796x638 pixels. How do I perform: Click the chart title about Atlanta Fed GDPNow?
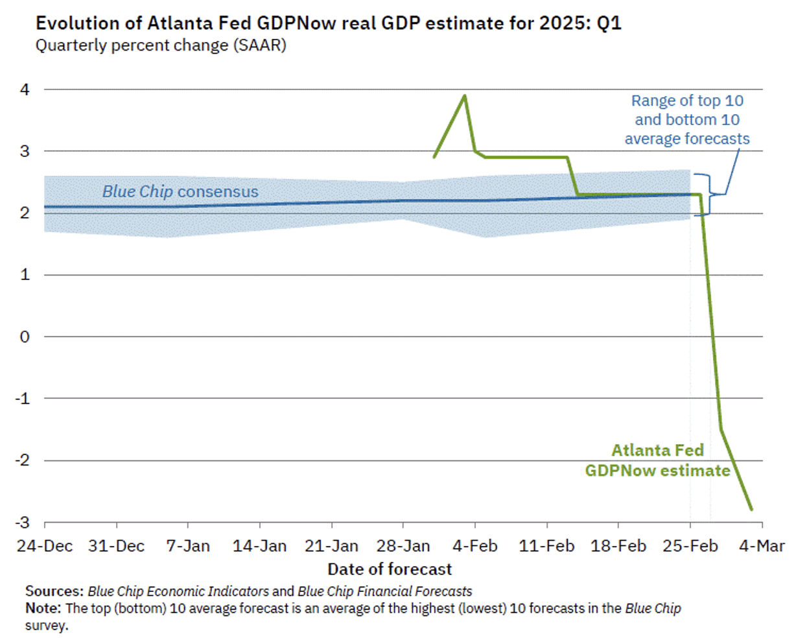point(328,23)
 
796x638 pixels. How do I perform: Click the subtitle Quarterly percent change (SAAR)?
point(160,46)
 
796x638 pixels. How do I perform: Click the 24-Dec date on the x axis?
point(44,546)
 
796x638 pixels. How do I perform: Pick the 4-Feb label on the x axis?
point(476,546)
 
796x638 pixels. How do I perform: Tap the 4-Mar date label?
point(762,546)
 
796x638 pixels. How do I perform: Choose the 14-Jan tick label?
point(259,546)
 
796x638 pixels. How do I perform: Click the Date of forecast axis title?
point(390,569)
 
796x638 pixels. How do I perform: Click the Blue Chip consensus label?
point(180,192)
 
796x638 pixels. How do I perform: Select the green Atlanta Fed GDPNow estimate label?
point(657,460)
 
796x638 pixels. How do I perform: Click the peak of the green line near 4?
point(464,96)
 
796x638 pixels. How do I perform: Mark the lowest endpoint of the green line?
point(751,510)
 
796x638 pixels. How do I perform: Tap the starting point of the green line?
point(434,157)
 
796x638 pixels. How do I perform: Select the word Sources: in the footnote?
point(54,591)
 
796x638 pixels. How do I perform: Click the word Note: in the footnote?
point(43,608)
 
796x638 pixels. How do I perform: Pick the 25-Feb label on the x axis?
point(690,546)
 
